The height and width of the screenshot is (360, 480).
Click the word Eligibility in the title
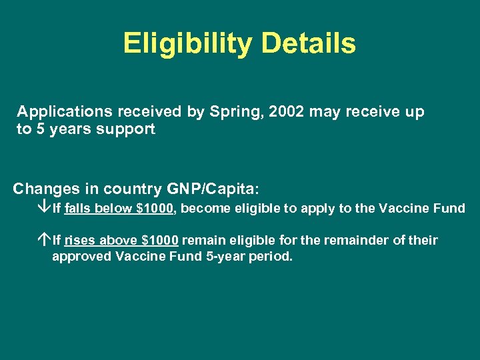pyautogui.click(x=187, y=43)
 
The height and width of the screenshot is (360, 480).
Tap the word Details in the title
pyautogui.click(x=309, y=43)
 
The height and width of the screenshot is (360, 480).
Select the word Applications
pyautogui.click(x=59, y=112)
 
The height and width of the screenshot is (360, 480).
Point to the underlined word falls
pyautogui.click(x=79, y=209)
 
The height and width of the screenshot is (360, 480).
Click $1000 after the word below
pyautogui.click(x=155, y=209)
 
